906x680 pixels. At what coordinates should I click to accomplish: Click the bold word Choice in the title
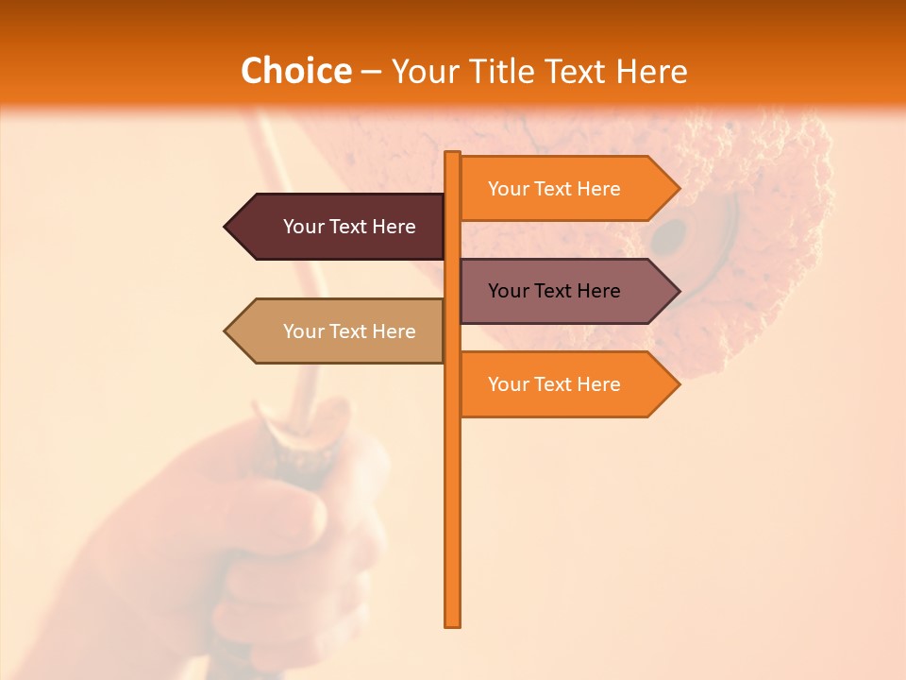(x=295, y=72)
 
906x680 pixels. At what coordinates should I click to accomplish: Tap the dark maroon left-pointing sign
(x=340, y=227)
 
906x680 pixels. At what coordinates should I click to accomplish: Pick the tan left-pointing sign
(x=340, y=331)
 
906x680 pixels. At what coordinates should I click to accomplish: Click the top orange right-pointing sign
(x=562, y=189)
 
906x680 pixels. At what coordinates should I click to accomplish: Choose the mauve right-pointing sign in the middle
(x=562, y=291)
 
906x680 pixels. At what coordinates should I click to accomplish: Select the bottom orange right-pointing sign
(x=562, y=384)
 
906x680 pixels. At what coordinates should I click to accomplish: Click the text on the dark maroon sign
(x=349, y=227)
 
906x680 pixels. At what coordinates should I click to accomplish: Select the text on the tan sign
(x=349, y=331)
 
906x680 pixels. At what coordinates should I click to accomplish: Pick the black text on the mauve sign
(x=554, y=291)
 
